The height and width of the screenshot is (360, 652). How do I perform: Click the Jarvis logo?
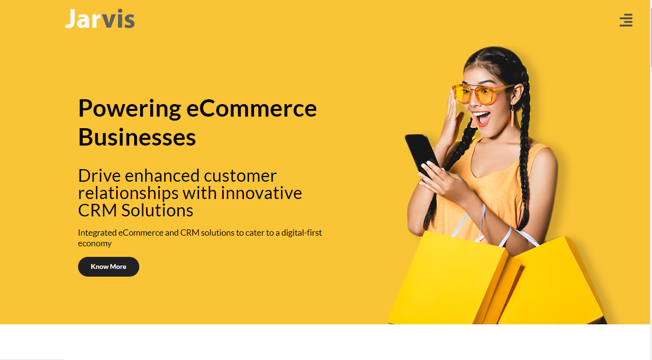tap(100, 19)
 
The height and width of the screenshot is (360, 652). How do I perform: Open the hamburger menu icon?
tap(626, 20)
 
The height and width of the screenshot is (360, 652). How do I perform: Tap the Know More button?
tap(108, 267)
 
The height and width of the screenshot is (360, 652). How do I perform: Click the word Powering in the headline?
tap(130, 109)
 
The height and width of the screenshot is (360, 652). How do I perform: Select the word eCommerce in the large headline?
tap(252, 108)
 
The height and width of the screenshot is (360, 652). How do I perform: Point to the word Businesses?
tap(137, 137)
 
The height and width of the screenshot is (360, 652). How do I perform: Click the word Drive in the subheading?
tap(99, 176)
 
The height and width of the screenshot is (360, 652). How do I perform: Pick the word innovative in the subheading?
tap(261, 193)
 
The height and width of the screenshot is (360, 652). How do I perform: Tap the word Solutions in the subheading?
tap(157, 210)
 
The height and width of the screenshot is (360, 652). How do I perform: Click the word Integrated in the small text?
tap(97, 233)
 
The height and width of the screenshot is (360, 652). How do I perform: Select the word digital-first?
tap(302, 233)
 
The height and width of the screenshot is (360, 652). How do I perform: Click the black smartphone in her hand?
tap(422, 155)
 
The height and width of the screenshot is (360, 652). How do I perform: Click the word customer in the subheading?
tap(240, 176)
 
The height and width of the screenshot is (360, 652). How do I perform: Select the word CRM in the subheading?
tap(97, 210)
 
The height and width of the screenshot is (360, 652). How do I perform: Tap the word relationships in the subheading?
tap(128, 194)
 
